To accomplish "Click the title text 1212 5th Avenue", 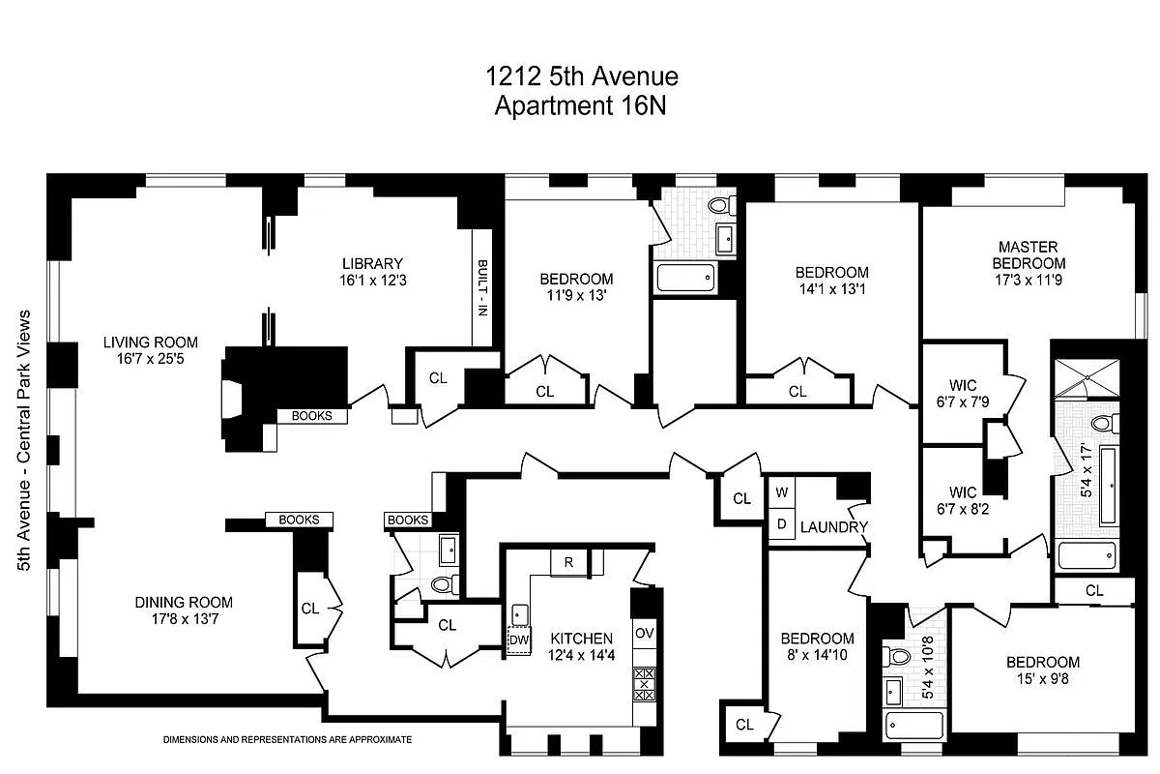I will click(580, 76).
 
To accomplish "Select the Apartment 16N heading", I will click(580, 105).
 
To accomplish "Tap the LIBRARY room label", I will click(371, 272).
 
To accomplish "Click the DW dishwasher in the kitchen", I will click(519, 640).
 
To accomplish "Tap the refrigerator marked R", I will click(568, 562).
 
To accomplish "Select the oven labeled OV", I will click(645, 633).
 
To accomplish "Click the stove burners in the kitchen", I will click(645, 684).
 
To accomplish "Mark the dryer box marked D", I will click(781, 524).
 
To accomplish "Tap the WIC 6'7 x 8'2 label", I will click(963, 499).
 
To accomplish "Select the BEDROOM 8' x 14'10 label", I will click(817, 647).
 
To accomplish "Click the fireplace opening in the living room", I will click(232, 398).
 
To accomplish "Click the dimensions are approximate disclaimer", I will click(287, 739).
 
